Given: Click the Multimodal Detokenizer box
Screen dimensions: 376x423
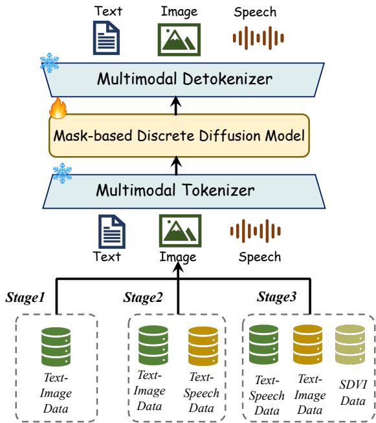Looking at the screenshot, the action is point(184,80).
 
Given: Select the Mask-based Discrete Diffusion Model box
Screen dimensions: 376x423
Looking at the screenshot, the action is point(179,135).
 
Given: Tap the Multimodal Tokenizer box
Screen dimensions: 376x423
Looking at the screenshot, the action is point(184,191).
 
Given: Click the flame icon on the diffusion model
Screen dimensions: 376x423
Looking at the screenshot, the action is point(58,108).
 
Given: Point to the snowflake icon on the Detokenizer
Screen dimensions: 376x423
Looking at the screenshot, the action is point(50,63).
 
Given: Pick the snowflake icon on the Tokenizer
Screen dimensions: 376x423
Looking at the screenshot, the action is point(63,173).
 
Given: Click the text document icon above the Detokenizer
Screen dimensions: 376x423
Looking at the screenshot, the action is point(107,38).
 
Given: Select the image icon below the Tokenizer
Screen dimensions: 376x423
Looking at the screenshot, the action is point(180,231).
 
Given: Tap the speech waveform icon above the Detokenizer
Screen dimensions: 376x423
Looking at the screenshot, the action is point(258,38).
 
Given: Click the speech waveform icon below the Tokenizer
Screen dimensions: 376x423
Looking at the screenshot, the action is point(256,231).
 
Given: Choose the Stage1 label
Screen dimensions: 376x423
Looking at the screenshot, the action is point(25,297).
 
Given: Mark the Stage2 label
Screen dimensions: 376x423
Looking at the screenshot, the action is point(143,297).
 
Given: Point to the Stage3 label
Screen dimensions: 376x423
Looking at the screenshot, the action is point(276,297).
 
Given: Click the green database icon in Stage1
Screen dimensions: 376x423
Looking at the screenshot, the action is point(56,347).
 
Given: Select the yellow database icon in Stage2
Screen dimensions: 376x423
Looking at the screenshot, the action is point(203,346).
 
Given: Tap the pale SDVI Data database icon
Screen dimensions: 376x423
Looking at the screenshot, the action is point(350,345).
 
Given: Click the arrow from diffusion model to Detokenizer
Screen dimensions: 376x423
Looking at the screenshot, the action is point(176,106).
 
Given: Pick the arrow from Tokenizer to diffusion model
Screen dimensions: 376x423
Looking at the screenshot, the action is point(176,165).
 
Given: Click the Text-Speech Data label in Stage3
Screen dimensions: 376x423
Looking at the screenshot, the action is point(267,396).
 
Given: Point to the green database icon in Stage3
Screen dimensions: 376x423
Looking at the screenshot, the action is point(263,345).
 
